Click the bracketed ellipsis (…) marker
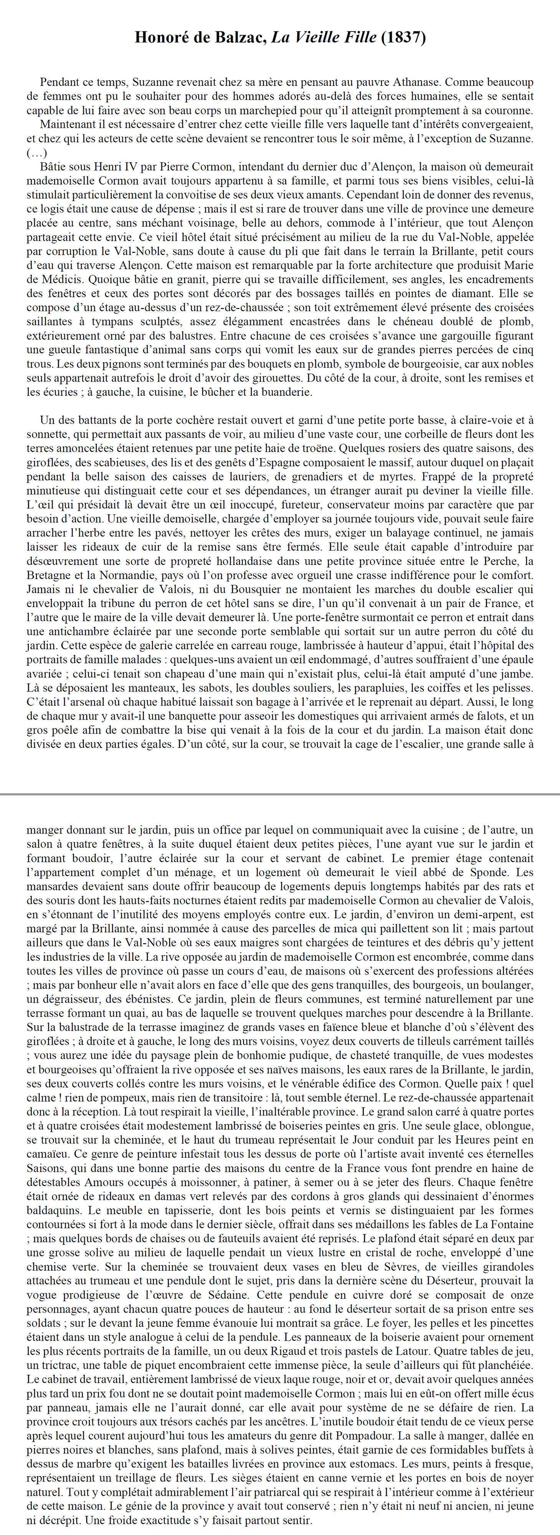36,153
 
